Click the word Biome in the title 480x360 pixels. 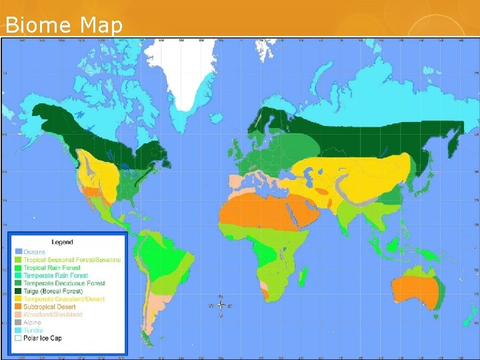pos(39,25)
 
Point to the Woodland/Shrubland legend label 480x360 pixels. pos(53,315)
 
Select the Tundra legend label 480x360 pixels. pos(33,331)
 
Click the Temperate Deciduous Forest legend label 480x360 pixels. pos(64,283)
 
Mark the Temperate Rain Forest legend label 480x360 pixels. pos(55,275)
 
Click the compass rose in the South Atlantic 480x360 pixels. pos(220,306)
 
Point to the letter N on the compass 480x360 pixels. pos(220,297)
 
